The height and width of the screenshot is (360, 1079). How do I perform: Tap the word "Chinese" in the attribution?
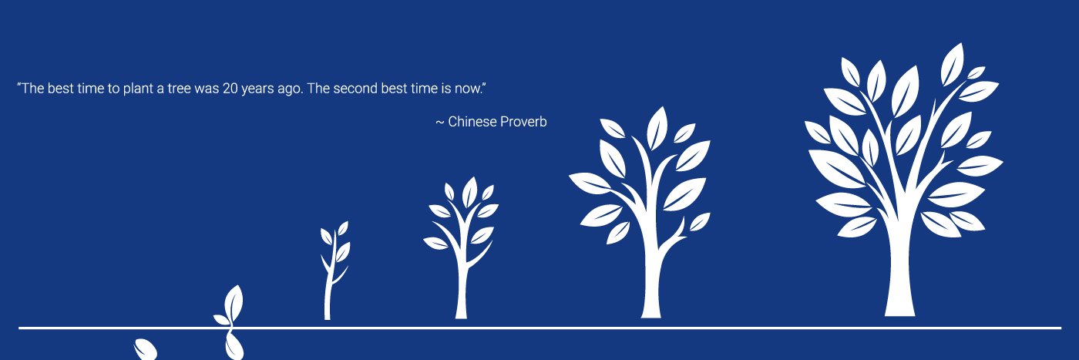[472, 122]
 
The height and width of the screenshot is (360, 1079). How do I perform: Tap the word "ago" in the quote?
[289, 89]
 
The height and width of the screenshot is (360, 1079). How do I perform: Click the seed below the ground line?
[146, 349]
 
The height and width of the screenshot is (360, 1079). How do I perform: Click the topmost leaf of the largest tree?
[953, 63]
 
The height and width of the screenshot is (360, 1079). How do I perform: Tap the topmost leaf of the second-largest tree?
[657, 127]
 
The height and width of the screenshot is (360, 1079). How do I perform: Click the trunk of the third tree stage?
[462, 293]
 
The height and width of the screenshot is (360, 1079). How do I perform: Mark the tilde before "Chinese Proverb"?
[440, 123]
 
